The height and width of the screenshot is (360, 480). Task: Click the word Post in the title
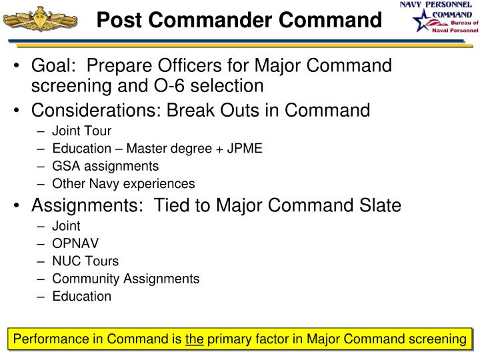point(117,21)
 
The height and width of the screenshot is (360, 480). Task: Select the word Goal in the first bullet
point(51,67)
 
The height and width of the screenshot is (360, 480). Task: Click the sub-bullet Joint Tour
point(82,131)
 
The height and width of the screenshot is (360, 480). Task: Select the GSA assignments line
point(105,166)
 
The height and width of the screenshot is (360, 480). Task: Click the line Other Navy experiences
point(123,183)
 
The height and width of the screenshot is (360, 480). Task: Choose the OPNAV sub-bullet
point(73,243)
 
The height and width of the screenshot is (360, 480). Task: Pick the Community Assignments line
point(125,279)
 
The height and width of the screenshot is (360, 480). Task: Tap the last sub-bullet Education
point(82,296)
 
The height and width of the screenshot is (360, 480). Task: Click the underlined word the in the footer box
point(195,340)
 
